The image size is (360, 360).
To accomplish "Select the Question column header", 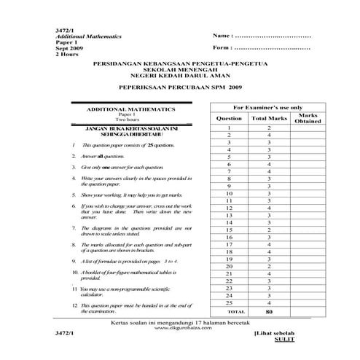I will click(229, 117).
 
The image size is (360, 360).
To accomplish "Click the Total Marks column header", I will click(269, 117).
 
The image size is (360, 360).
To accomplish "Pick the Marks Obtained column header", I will click(308, 118).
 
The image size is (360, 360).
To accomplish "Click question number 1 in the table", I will click(229, 128).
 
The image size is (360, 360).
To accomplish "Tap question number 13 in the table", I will click(229, 216).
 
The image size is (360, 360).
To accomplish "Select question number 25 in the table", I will click(229, 303).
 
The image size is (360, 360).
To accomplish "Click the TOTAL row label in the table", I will click(229, 311).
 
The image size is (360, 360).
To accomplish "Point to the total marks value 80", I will click(269, 311).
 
